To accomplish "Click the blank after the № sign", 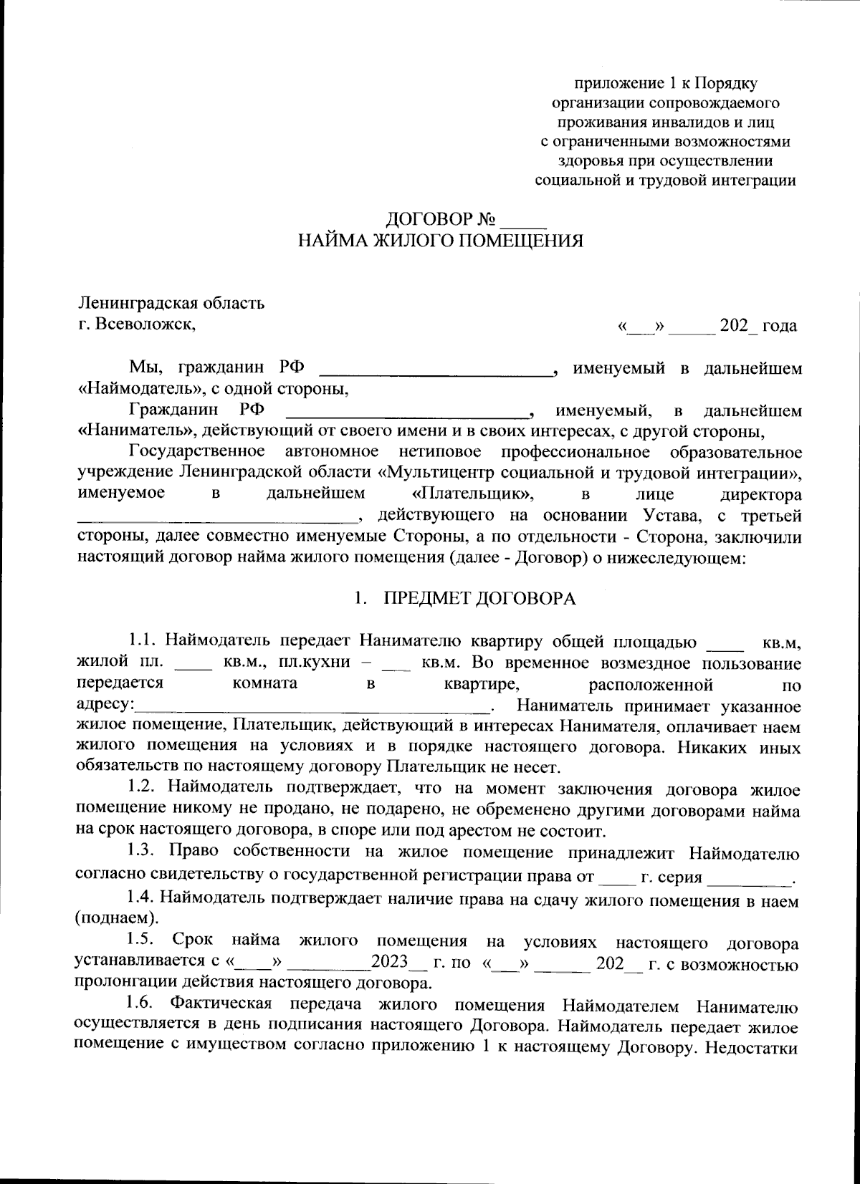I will (x=525, y=218).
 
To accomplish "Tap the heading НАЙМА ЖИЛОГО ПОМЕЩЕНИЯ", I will (x=440, y=241).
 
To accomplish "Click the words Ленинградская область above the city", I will (x=171, y=302).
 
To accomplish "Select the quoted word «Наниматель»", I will (x=135, y=432).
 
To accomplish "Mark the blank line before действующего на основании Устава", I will (x=215, y=516).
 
